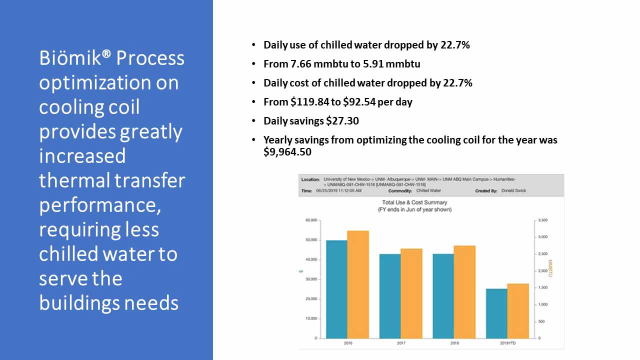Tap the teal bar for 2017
[x=390, y=296]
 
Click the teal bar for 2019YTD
[x=496, y=313]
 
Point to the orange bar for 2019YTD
[x=518, y=310]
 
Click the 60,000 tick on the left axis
[x=311, y=220]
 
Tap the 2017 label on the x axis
[x=401, y=343]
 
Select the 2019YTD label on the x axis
[x=507, y=343]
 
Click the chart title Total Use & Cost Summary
[x=414, y=202]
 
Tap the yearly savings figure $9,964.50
[x=287, y=152]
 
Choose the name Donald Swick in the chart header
[x=513, y=190]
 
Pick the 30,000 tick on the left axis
[x=311, y=279]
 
